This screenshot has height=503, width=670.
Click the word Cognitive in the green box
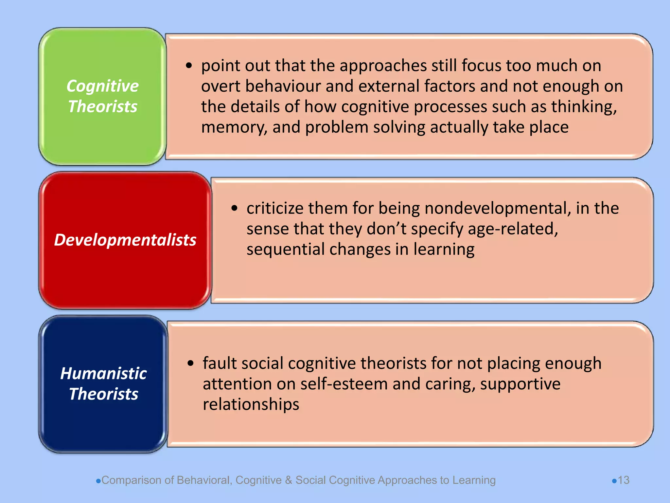tap(102, 86)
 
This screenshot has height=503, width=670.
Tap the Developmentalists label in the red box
tap(125, 240)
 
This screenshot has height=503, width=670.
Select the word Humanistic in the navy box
tap(103, 374)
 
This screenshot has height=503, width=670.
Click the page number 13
tap(624, 480)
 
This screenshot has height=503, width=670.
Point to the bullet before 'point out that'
tap(189, 65)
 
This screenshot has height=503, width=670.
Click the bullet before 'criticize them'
tap(234, 208)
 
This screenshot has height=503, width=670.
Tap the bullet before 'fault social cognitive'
tap(191, 363)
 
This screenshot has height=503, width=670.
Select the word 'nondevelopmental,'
tap(498, 208)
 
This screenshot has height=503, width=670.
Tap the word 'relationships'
tap(251, 404)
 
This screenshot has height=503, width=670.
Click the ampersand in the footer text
tap(288, 480)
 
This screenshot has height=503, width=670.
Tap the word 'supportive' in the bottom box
tap(520, 384)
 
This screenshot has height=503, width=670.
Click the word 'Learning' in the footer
tap(474, 480)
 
